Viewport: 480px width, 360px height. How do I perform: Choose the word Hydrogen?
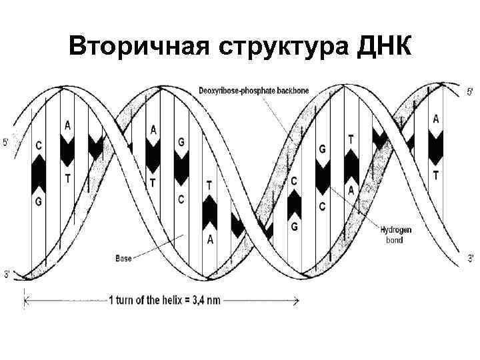[x=396, y=231]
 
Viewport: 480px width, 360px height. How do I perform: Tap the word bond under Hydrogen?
[x=394, y=240]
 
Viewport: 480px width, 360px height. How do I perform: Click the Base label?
[x=123, y=257]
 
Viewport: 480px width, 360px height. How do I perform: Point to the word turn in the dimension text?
[x=127, y=301]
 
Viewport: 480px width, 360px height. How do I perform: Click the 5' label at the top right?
[x=469, y=91]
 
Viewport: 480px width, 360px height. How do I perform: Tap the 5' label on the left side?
[x=6, y=141]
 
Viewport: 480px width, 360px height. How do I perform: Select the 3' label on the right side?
[x=471, y=257]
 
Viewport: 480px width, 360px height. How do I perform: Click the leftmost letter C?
[x=39, y=145]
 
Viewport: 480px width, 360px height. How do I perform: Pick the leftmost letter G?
[x=38, y=199]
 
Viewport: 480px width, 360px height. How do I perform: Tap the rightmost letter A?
[x=436, y=119]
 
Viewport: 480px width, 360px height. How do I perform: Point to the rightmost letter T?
[x=436, y=175]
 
